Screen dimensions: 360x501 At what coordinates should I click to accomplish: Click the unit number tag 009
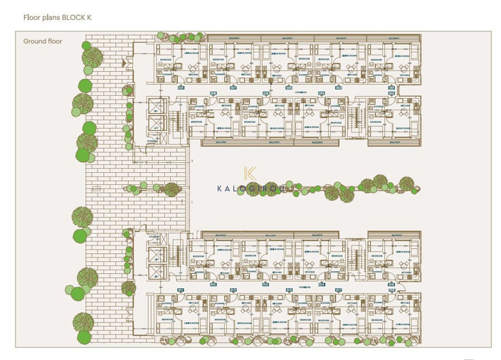click(181, 88)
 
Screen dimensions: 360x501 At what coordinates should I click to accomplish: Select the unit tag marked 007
click(234, 88)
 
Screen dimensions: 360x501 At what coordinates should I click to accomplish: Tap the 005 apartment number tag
click(288, 88)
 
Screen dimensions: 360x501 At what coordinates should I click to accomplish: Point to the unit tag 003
click(339, 88)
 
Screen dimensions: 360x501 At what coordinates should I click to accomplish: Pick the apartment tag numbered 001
click(391, 88)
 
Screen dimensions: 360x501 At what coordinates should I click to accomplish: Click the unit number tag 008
click(213, 93)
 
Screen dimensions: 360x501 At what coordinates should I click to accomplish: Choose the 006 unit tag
click(266, 93)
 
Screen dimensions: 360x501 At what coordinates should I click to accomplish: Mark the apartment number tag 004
click(322, 93)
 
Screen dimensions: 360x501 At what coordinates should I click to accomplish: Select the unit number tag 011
click(181, 290)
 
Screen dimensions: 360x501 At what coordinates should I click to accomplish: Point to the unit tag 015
click(288, 290)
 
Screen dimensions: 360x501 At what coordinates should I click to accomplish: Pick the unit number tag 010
click(213, 284)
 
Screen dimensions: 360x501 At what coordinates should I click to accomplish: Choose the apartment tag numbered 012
click(266, 284)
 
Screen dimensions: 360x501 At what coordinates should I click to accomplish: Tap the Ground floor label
click(43, 41)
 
